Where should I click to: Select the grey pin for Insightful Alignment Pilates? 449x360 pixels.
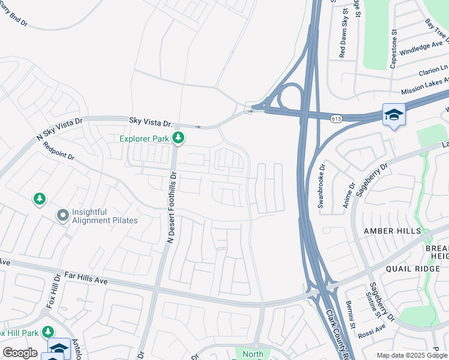pyautogui.click(x=62, y=215)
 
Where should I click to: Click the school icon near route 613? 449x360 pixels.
pyautogui.click(x=393, y=115)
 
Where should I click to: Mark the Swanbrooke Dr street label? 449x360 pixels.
pyautogui.click(x=321, y=186)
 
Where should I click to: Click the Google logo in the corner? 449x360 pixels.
pyautogui.click(x=20, y=353)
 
